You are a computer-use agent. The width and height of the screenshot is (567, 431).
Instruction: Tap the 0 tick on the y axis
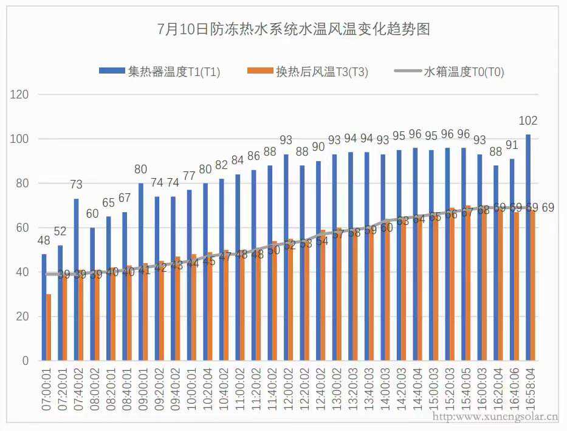click(26, 361)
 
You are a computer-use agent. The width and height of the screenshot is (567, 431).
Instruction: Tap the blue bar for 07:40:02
click(76, 280)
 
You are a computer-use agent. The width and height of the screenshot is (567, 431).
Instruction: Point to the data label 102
click(529, 121)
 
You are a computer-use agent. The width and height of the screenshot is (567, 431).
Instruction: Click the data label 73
click(76, 185)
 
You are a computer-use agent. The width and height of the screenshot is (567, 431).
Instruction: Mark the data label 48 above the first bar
click(44, 241)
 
